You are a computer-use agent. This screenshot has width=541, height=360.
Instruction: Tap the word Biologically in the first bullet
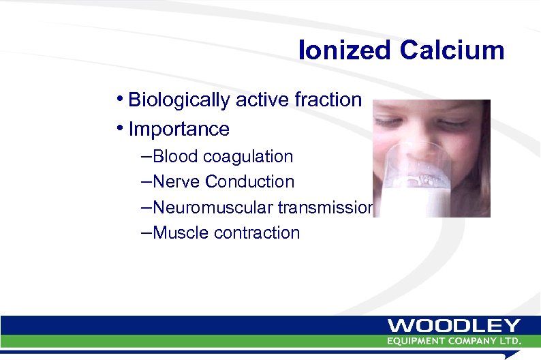(x=179, y=100)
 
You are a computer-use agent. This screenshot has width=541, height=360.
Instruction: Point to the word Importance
(x=179, y=129)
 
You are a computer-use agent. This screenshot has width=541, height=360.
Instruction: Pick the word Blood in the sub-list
(x=177, y=157)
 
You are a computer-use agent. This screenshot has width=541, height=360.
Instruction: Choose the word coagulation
(x=249, y=157)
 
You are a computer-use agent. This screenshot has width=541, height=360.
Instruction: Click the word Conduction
(x=250, y=182)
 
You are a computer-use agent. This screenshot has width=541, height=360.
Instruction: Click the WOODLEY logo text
(x=454, y=326)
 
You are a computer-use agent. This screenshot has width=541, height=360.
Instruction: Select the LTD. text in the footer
(x=509, y=340)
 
